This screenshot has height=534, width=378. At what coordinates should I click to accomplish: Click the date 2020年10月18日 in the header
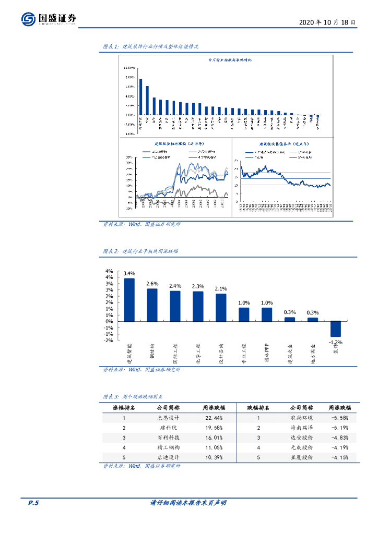pos(328,23)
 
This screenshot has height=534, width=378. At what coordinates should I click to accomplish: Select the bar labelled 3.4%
pos(129,300)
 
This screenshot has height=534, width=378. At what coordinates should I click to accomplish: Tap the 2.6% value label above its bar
pos(152,284)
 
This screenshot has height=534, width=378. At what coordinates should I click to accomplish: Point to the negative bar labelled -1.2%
pos(335,329)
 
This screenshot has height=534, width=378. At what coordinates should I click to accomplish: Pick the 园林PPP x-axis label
pos(266,353)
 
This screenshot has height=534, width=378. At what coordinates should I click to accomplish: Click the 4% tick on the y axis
pos(110,271)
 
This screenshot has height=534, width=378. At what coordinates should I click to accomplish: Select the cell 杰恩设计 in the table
pos(169,418)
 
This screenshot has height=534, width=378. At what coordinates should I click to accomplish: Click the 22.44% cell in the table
pos(212,418)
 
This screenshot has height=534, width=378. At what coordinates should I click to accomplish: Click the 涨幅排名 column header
pos(124,408)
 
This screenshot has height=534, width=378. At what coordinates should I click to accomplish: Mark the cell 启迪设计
pos(169,457)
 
